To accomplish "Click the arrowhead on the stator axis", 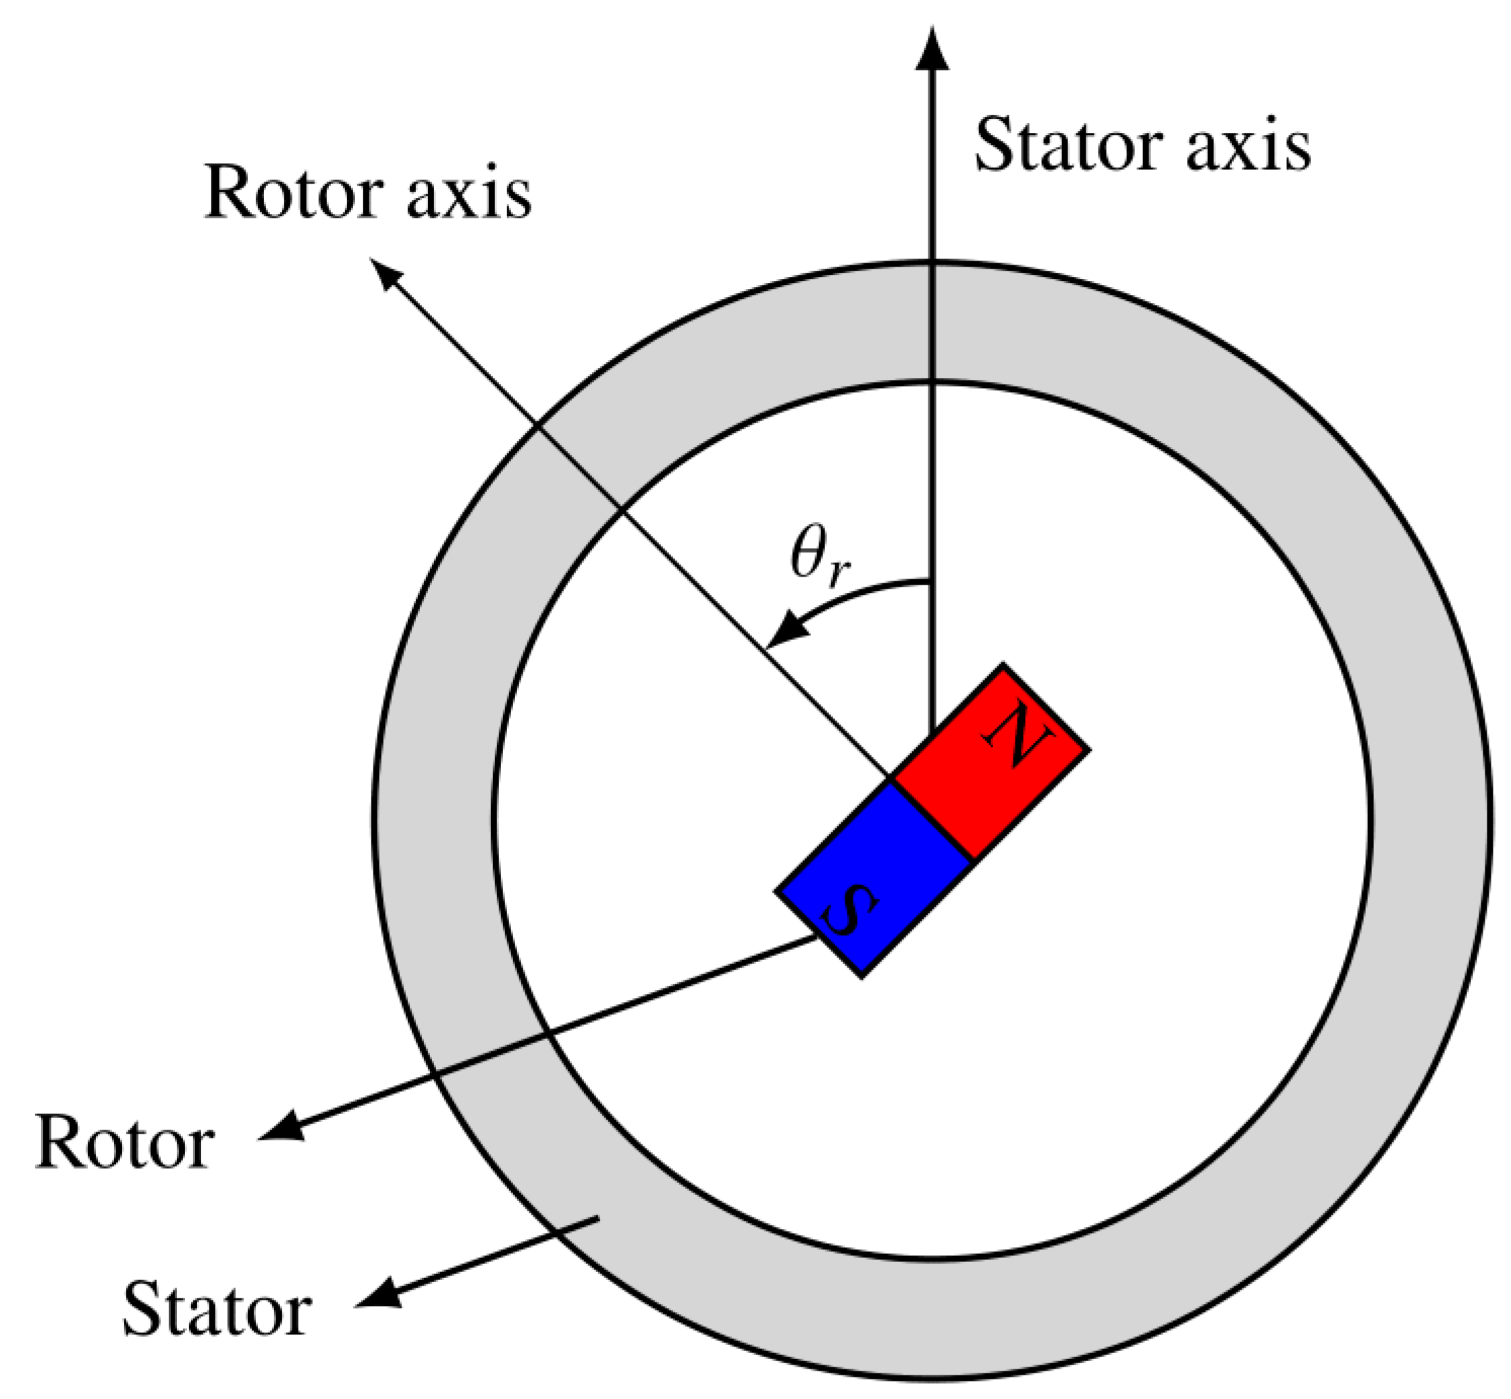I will point(932,50).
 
